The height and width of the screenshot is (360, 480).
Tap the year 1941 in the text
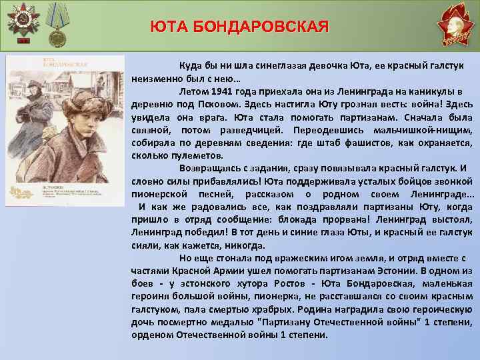point(228,92)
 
